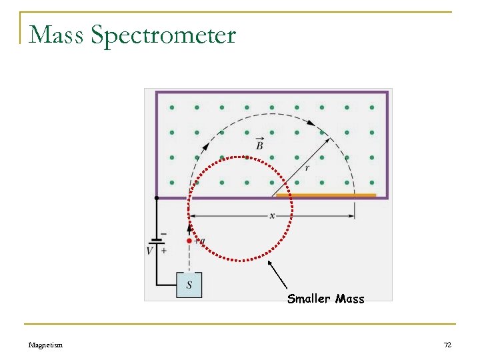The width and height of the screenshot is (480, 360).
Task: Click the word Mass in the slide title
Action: [55, 35]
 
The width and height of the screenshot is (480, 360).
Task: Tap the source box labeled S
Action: [189, 285]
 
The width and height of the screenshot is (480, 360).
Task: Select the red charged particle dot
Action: [189, 241]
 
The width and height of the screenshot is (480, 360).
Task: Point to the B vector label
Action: [259, 145]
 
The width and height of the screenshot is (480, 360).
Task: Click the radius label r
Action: [307, 168]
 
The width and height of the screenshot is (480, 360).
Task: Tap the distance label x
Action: [272, 215]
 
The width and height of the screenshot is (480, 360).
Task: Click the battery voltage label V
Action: [149, 251]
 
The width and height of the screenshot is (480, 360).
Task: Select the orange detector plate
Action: [326, 195]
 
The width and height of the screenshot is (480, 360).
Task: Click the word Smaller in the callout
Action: [309, 299]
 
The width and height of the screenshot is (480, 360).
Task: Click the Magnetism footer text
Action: [46, 345]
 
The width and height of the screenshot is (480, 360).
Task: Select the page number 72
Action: [447, 345]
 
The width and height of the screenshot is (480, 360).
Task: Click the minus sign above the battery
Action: [163, 234]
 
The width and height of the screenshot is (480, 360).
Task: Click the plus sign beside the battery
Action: [163, 251]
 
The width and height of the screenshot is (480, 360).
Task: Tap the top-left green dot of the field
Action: [171, 107]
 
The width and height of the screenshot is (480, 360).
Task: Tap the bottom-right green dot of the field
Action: [372, 182]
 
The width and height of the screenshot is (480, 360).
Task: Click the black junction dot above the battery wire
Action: [157, 198]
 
